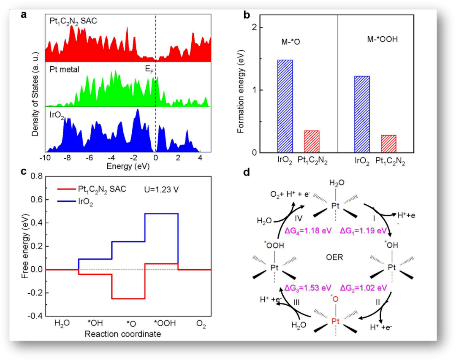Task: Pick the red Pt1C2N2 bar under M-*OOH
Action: pos(388,144)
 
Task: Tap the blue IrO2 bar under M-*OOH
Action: pos(361,114)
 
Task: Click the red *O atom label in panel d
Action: pos(334,300)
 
